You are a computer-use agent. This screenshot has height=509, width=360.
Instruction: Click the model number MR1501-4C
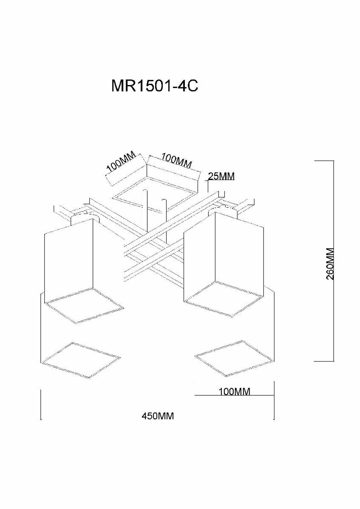tap(154, 86)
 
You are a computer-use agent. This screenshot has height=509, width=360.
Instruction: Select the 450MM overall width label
tap(158, 416)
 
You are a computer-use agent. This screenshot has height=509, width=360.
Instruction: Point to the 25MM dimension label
tap(221, 176)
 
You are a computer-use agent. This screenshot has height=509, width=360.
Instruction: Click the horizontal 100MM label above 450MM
tap(234, 391)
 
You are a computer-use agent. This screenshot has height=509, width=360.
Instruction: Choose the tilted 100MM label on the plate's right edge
tap(176, 160)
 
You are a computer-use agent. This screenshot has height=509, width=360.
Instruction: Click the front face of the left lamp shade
tap(68, 259)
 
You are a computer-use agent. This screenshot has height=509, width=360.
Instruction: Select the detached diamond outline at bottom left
tap(81, 360)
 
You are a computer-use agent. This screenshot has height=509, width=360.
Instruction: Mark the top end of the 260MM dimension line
tap(333, 161)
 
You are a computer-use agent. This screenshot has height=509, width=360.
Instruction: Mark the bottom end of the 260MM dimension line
tap(333, 361)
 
